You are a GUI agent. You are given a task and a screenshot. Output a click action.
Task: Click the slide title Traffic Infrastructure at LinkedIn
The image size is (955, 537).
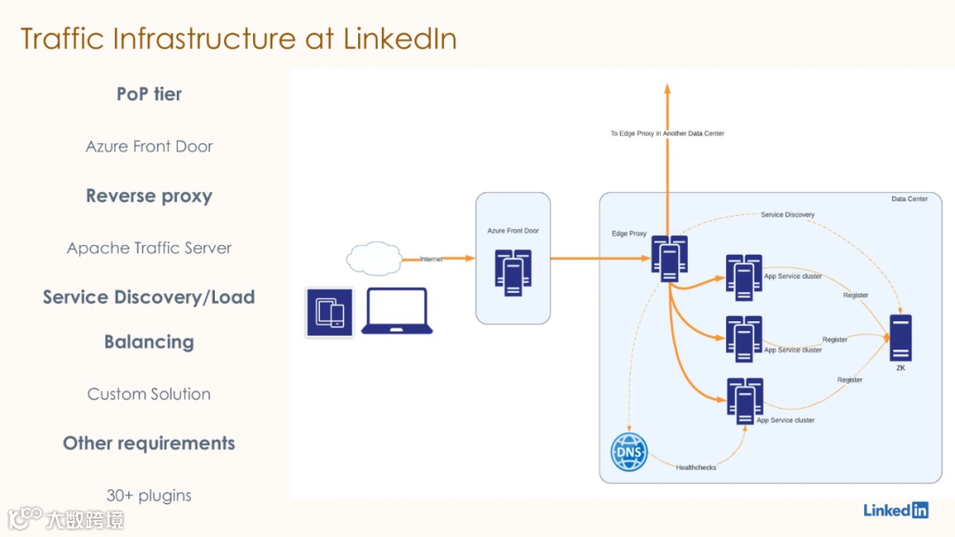(x=239, y=39)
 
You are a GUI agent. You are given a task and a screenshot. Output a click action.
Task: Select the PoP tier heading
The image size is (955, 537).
(x=149, y=94)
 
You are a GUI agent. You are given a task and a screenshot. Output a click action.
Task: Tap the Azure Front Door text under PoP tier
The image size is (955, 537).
(x=149, y=146)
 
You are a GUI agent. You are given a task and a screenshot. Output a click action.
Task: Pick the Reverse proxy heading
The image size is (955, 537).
(x=149, y=196)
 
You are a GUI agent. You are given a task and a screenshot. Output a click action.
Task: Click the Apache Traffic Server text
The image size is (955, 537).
(x=149, y=248)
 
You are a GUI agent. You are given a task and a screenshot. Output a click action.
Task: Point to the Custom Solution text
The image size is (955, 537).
(x=149, y=394)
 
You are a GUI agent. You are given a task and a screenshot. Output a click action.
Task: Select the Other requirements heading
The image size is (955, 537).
(x=149, y=443)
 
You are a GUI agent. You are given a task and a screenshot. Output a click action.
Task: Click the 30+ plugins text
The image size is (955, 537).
(x=149, y=495)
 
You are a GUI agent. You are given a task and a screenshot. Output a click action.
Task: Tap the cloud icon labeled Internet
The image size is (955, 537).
(x=374, y=258)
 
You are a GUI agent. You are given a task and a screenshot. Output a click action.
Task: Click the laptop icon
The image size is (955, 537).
(x=397, y=311)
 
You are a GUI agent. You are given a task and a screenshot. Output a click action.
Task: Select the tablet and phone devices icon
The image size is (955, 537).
(x=329, y=312)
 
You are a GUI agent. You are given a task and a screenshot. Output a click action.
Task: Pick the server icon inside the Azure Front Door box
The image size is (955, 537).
(x=513, y=272)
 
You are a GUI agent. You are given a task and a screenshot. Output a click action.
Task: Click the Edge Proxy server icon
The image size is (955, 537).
(x=668, y=258)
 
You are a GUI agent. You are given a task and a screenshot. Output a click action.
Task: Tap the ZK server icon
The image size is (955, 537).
(x=900, y=338)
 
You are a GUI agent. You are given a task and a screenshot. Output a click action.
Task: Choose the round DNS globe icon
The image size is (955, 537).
(x=630, y=452)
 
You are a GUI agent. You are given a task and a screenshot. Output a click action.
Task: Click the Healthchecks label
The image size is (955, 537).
(x=696, y=467)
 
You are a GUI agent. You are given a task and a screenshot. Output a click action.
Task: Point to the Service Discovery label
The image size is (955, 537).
(x=787, y=215)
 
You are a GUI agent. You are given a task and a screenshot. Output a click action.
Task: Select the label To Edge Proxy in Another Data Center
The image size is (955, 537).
(x=667, y=134)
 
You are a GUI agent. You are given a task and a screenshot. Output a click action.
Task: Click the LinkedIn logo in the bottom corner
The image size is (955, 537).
(x=896, y=510)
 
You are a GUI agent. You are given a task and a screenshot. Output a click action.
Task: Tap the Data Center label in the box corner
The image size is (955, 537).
(x=909, y=199)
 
